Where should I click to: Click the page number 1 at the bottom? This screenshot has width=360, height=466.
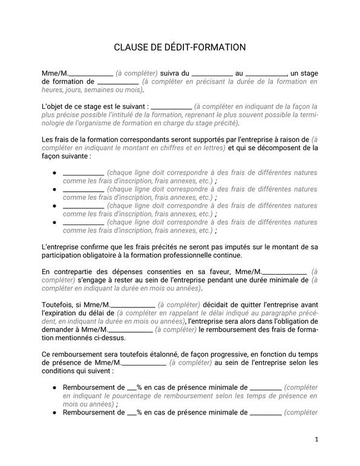tap(316, 438)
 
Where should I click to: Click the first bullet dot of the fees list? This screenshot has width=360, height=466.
tap(54, 172)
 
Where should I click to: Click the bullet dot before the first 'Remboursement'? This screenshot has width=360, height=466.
tap(54, 387)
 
